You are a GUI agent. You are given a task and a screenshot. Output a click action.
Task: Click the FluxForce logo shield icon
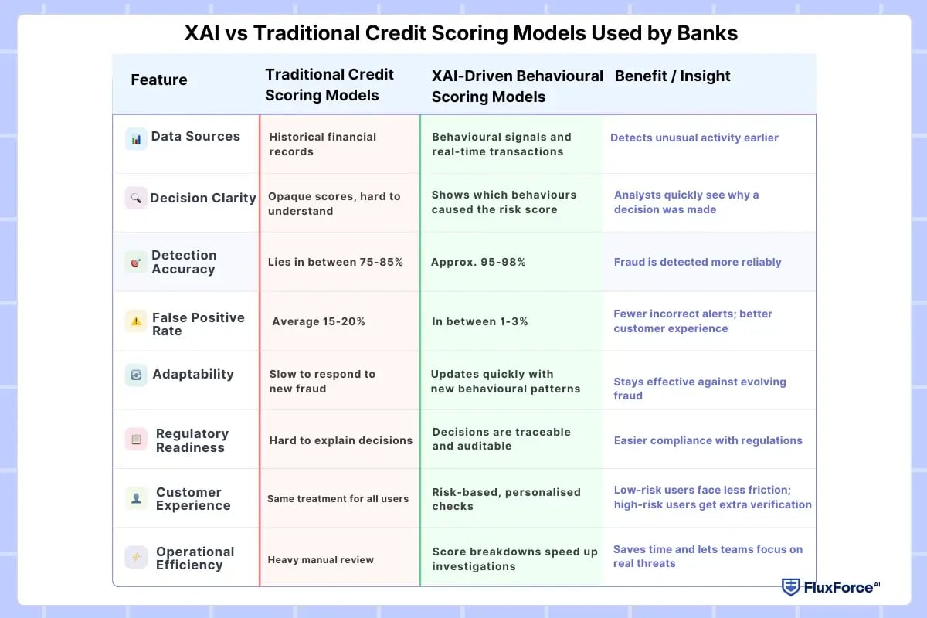pos(790,587)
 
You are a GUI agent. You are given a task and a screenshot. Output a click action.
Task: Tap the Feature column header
pos(158,80)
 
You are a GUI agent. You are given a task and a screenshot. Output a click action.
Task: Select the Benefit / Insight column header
pos(672,76)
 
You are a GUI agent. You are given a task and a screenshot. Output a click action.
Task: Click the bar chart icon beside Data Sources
pos(136,139)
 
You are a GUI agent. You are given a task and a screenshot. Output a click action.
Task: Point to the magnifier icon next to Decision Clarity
pos(136,198)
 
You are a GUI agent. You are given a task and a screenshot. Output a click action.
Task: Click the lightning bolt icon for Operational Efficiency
pos(136,557)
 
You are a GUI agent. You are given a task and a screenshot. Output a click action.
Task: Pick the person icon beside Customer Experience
pos(136,498)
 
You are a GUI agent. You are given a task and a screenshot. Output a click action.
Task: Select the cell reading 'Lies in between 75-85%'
pos(336,262)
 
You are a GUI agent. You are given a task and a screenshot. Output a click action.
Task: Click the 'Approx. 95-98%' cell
pos(478,262)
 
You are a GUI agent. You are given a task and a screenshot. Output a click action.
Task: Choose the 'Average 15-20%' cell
pos(318,321)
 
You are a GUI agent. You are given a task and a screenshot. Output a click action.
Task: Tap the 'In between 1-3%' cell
pos(480,321)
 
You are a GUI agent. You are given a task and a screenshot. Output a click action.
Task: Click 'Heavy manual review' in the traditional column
pos(321,559)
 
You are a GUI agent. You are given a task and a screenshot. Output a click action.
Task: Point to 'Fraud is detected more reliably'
pos(698,262)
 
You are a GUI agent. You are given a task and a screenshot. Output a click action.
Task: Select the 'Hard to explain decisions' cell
pos(341,440)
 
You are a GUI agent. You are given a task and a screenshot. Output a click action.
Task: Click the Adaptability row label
pos(192,374)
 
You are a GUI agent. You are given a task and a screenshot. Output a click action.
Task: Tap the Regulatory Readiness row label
pos(192,440)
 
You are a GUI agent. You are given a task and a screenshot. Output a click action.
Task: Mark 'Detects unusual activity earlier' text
pos(694,138)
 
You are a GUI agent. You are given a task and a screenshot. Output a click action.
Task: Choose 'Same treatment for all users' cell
pos(338,499)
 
